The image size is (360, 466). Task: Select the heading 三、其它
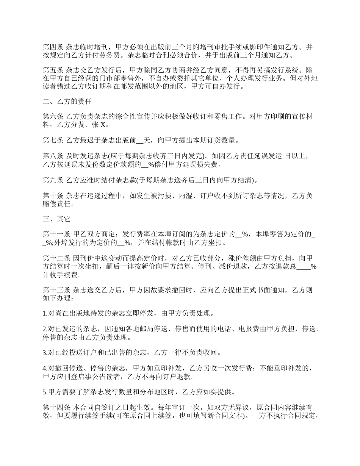56,219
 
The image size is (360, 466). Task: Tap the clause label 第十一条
56,235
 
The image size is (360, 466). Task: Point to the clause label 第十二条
56,258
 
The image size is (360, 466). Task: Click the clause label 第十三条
56,290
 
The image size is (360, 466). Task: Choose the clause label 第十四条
56,408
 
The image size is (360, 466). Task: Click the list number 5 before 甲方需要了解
44,392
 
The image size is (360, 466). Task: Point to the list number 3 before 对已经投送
44,353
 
